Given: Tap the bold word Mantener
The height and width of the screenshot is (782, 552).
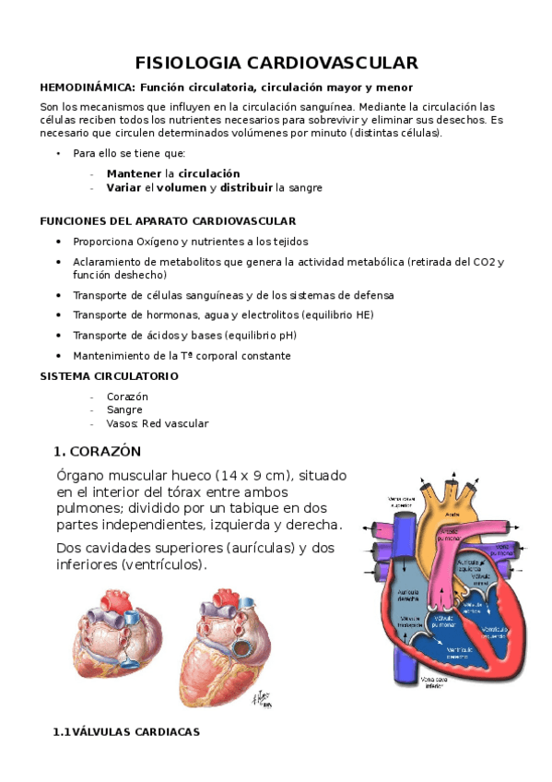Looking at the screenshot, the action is (134, 173).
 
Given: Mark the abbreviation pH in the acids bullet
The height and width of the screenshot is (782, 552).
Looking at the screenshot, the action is (263, 335).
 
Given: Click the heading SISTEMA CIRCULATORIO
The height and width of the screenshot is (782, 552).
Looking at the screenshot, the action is (109, 376).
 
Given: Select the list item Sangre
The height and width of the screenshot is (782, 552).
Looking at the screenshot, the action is (124, 409).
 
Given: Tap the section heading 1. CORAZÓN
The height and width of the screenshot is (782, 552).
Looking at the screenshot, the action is (97, 451).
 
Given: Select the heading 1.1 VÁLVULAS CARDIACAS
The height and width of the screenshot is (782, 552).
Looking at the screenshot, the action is (126, 731).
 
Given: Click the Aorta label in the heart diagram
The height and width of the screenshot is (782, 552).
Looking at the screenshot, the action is (452, 514).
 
